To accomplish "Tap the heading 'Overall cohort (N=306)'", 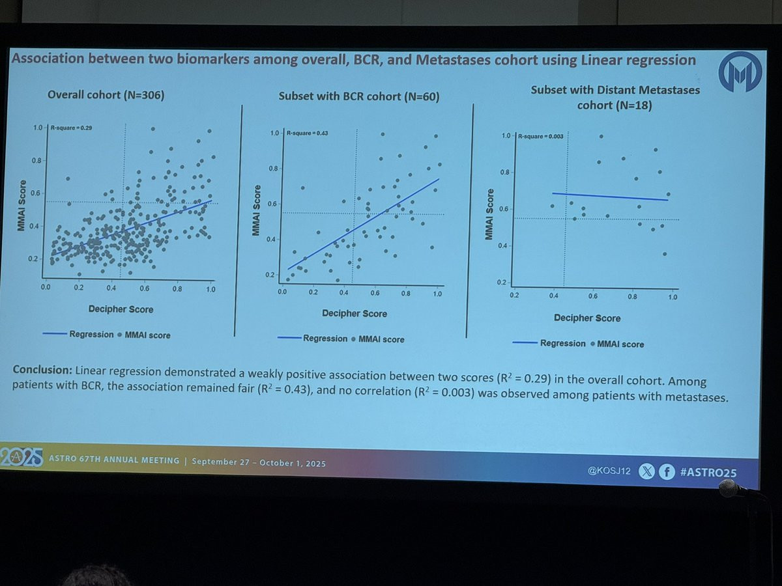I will click(106, 95).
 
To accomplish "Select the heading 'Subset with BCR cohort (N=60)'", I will click(359, 97).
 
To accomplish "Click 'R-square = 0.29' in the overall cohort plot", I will click(71, 128).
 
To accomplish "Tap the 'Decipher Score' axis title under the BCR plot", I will click(355, 314).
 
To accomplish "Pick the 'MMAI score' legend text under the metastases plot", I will click(620, 344).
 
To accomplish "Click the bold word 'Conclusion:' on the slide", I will click(42, 370).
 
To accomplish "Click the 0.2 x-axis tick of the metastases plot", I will click(514, 296).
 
